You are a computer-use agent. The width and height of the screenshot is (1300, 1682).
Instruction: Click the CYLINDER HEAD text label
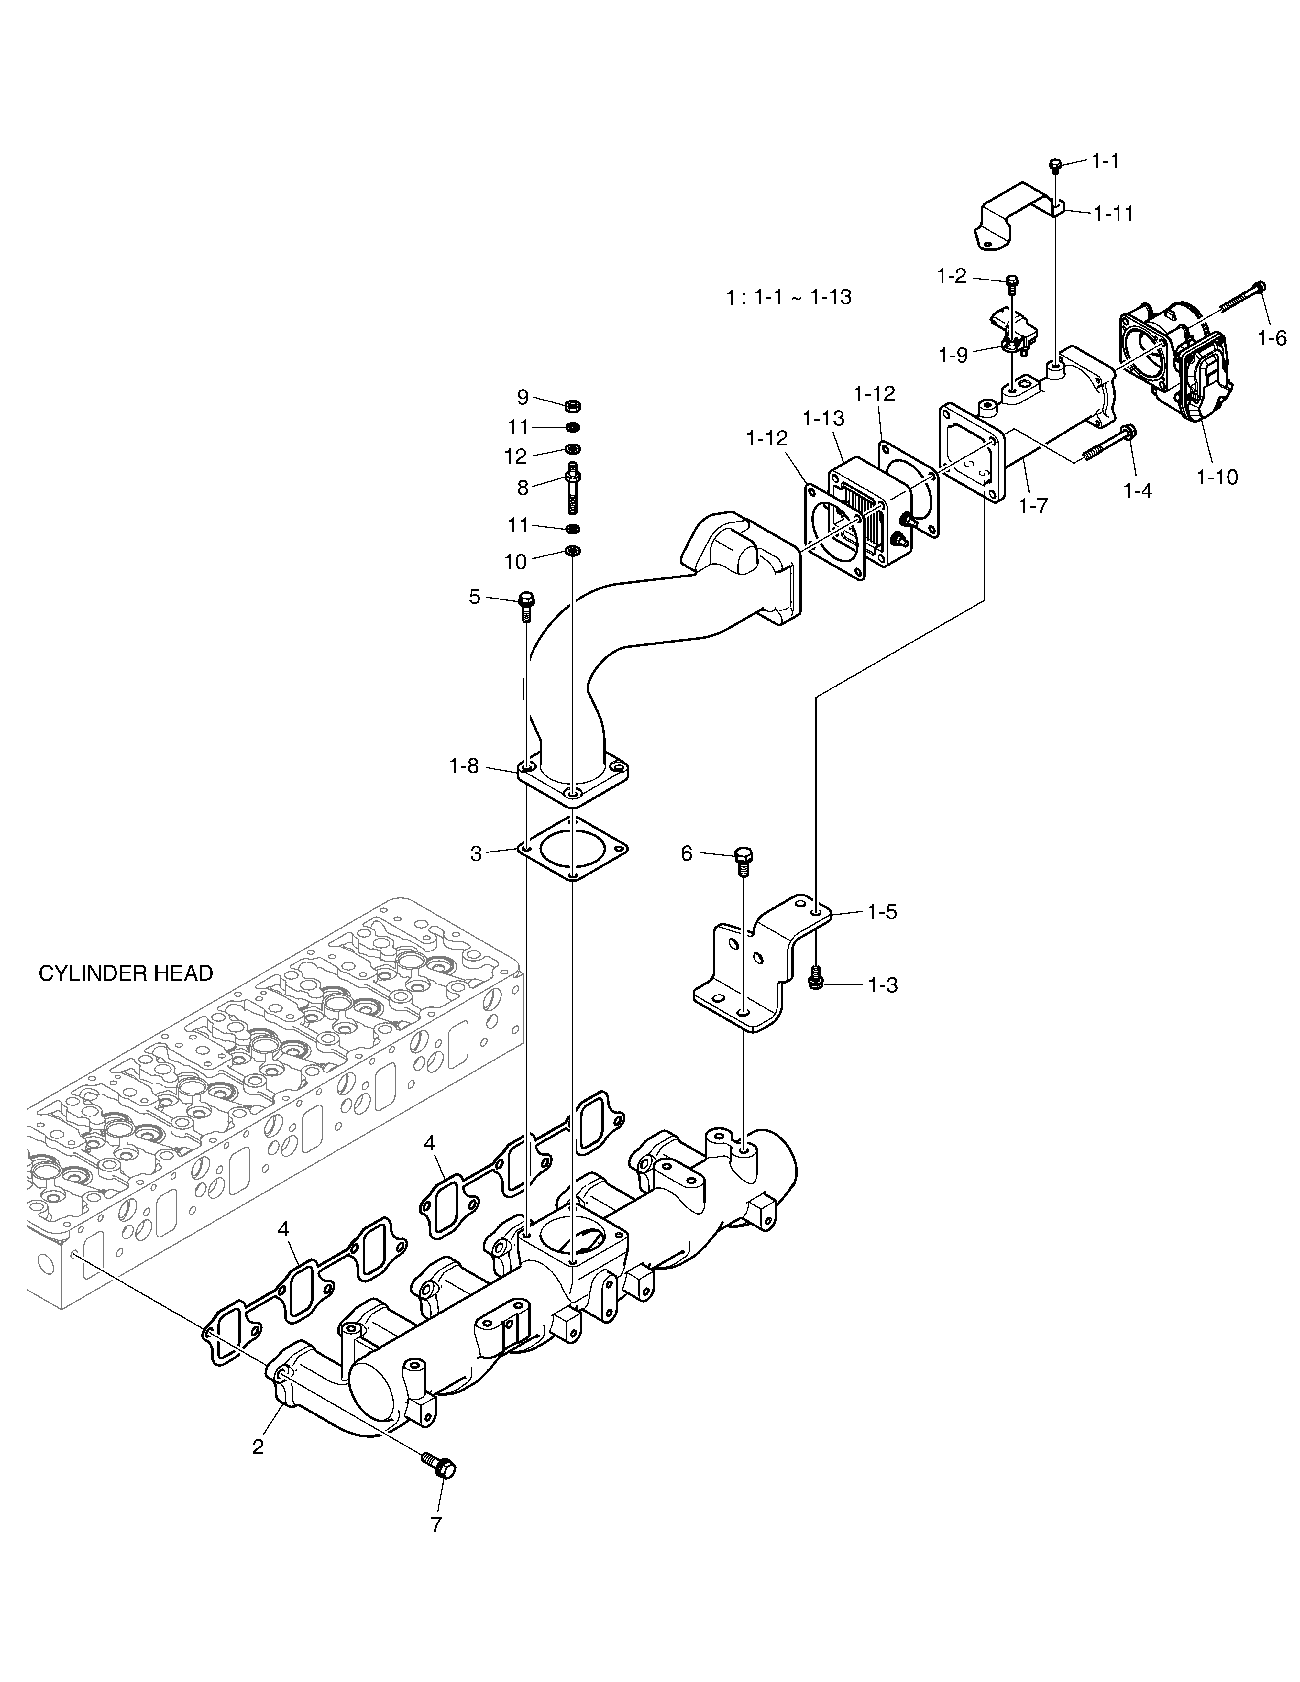tap(126, 973)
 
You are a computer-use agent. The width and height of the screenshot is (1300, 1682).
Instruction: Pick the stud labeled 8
tap(573, 488)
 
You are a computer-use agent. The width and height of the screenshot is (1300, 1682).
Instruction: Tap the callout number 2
tap(258, 1446)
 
